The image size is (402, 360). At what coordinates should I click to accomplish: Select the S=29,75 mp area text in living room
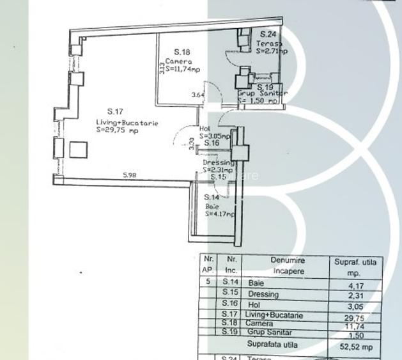click(x=117, y=130)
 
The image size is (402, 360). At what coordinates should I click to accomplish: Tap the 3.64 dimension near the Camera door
click(x=199, y=96)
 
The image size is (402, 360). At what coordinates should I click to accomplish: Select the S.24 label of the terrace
click(x=268, y=35)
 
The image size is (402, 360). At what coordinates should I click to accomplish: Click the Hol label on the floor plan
click(x=204, y=128)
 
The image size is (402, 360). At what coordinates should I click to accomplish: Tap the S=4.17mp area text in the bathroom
click(x=220, y=215)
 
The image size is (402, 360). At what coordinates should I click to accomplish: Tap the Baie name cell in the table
click(x=256, y=283)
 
